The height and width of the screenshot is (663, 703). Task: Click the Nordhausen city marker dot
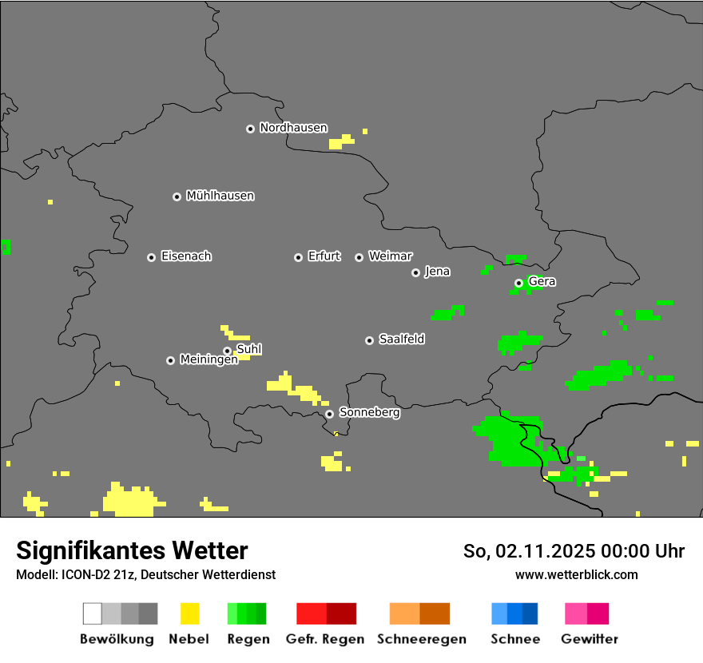[x=250, y=129]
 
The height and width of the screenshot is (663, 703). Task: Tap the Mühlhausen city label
[x=220, y=196]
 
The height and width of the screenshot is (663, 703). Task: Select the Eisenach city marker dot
[x=151, y=257]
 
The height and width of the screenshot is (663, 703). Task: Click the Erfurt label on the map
[x=324, y=256]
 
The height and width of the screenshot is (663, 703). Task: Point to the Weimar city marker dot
[x=359, y=257]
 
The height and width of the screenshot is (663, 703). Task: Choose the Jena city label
[x=437, y=272]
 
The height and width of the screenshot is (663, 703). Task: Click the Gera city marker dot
[x=518, y=283]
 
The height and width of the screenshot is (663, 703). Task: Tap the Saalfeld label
[x=401, y=339]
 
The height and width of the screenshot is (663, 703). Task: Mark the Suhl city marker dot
[x=227, y=351]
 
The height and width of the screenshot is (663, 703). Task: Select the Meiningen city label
[x=209, y=360]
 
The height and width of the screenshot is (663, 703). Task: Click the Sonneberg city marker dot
[x=329, y=414]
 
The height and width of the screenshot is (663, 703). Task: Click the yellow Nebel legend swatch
[x=189, y=613]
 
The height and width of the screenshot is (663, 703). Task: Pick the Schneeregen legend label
[x=421, y=639]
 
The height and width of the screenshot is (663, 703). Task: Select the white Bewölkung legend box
[x=93, y=613]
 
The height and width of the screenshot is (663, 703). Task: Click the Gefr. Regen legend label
[x=325, y=639]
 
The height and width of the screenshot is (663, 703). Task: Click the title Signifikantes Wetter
[x=132, y=550]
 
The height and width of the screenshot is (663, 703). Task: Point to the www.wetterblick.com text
[x=576, y=574]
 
